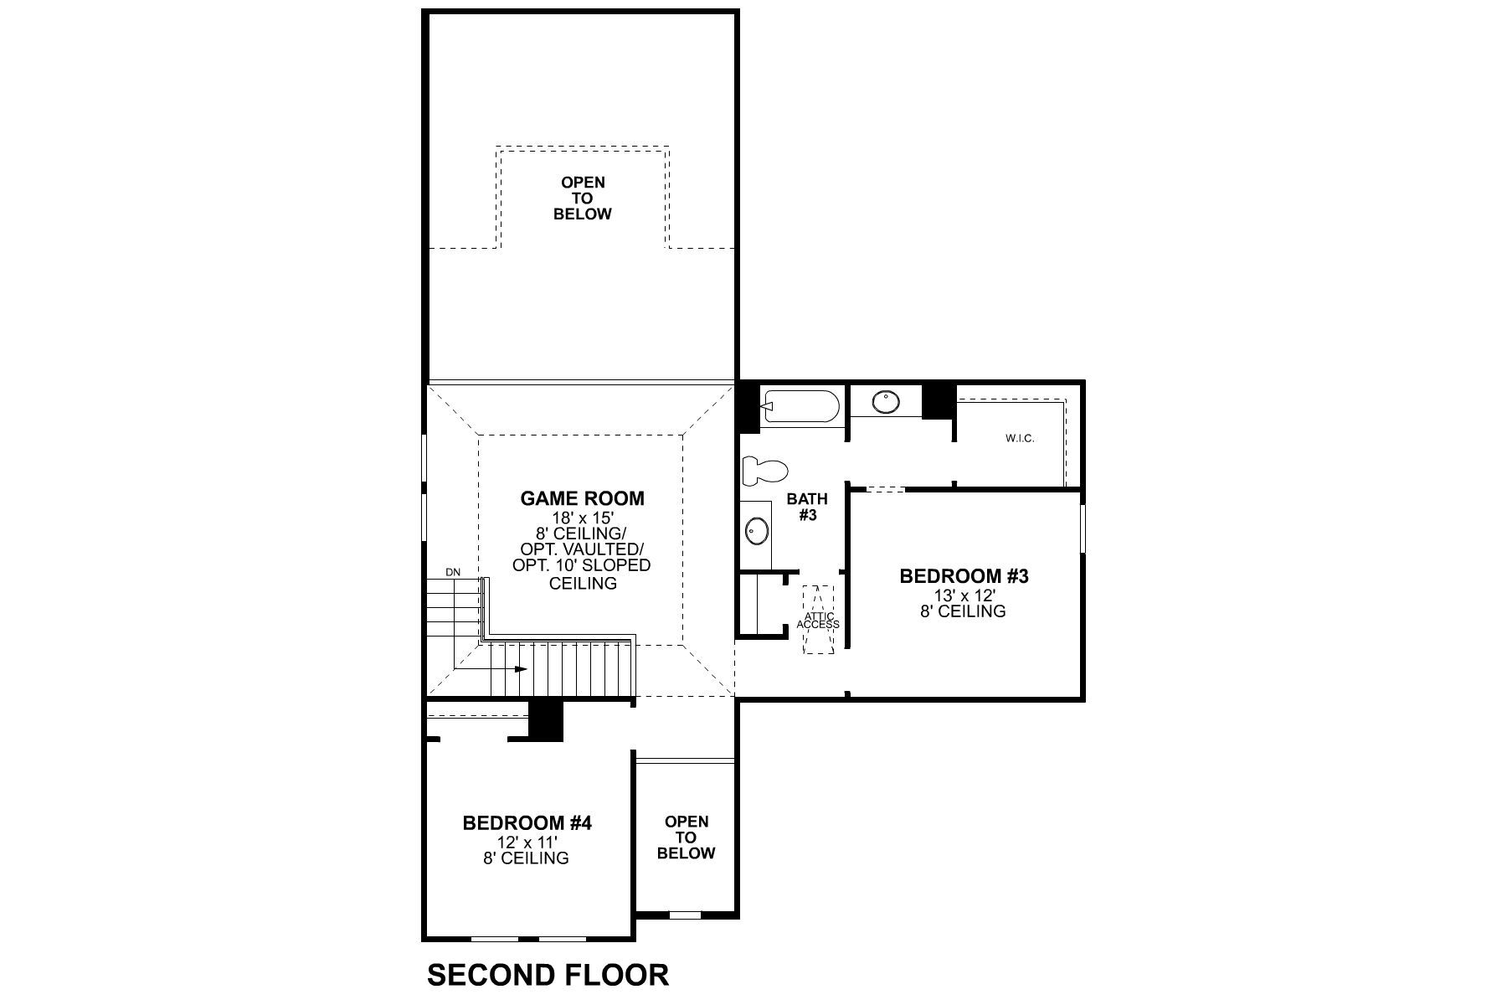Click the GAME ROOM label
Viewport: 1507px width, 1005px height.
(582, 499)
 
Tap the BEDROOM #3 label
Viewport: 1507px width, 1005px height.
(963, 576)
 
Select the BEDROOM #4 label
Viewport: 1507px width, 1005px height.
(527, 823)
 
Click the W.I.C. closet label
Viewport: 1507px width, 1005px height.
(1020, 438)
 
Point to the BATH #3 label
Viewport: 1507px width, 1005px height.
(807, 507)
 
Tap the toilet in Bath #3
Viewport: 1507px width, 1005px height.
(764, 471)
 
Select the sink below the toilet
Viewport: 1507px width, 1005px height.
(757, 531)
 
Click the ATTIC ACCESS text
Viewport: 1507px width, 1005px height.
(818, 621)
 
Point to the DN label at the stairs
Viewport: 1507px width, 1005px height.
(453, 572)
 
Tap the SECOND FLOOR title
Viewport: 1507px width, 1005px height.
(548, 975)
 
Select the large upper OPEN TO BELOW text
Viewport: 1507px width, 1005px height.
(583, 198)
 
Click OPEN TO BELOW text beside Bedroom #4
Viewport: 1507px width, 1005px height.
(686, 837)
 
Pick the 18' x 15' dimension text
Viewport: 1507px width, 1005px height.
(582, 518)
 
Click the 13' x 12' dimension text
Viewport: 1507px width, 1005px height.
(963, 595)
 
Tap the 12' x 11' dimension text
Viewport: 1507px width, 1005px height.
(527, 842)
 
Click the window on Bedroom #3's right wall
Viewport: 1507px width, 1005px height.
(1083, 528)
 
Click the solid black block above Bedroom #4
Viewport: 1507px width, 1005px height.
(547, 719)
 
